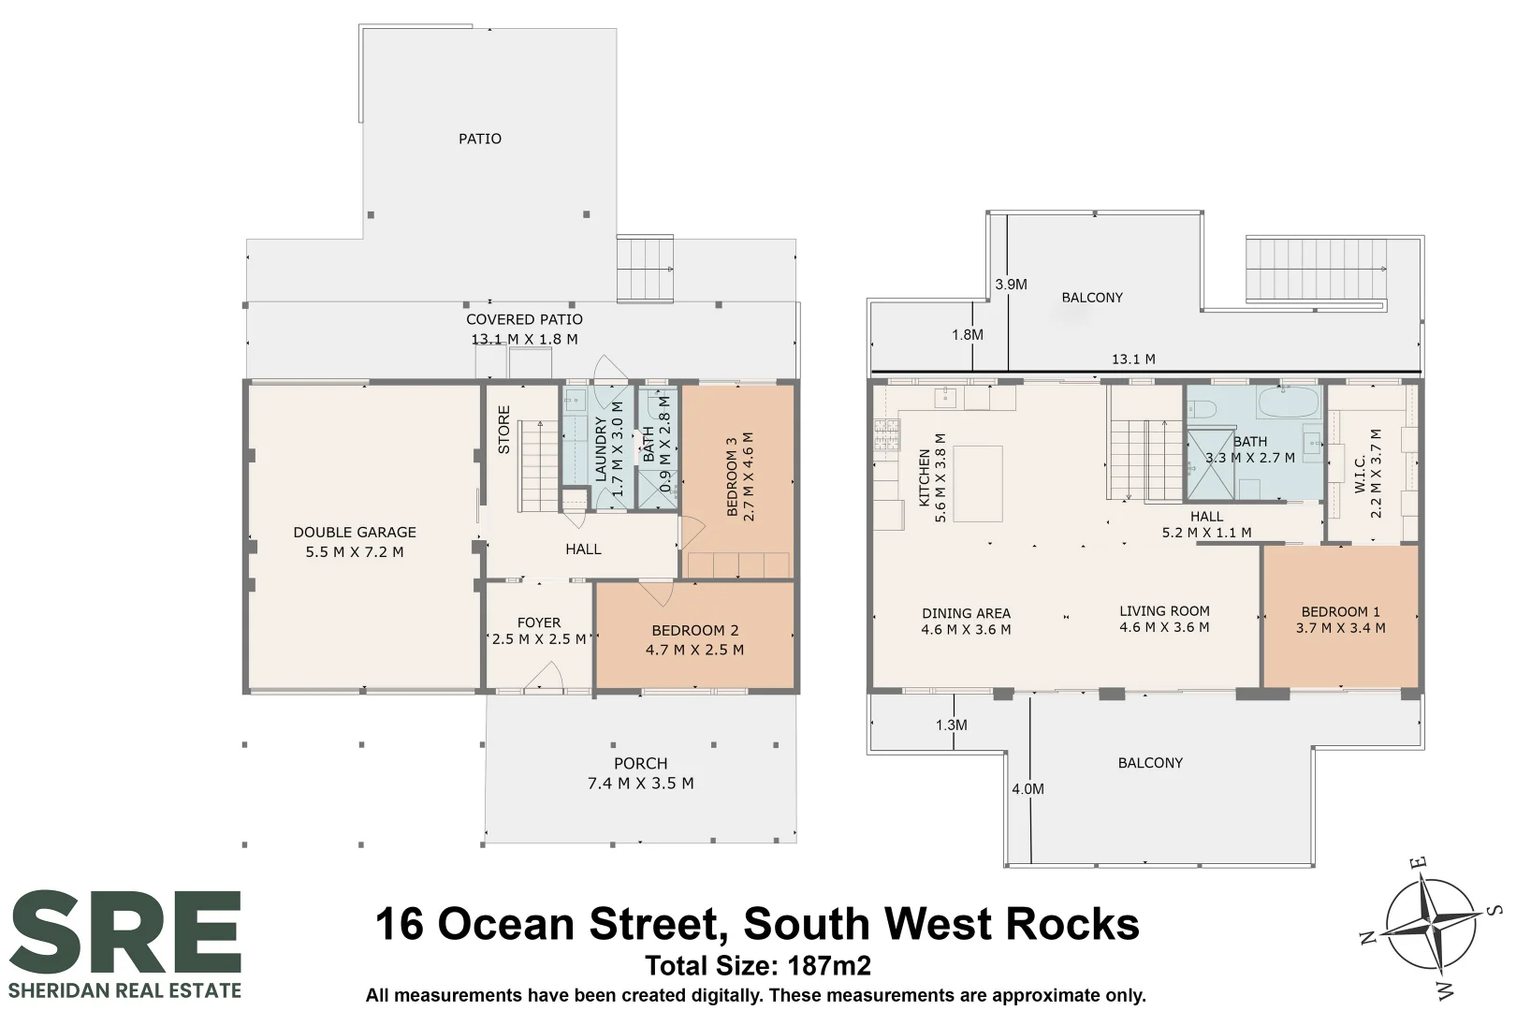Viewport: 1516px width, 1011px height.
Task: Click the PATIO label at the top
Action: coord(480,139)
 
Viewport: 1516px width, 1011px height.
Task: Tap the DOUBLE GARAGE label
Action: coord(355,533)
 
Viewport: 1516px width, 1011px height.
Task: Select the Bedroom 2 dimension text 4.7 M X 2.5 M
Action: coord(695,650)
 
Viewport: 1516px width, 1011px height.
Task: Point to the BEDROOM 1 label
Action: coord(1340,611)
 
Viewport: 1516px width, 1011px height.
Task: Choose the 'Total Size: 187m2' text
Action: coord(758,966)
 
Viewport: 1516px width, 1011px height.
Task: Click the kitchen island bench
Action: coord(978,483)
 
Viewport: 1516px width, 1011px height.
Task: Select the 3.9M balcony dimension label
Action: coord(1011,286)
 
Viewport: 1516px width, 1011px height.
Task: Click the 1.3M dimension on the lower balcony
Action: coord(951,725)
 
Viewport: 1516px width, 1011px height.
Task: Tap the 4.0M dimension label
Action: coord(1028,789)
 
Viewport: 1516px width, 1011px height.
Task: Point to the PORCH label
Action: coord(640,764)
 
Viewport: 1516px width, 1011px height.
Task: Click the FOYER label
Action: coord(539,623)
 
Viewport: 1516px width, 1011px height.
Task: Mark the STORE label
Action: coord(503,430)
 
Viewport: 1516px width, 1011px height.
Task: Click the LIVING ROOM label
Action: coord(1164,610)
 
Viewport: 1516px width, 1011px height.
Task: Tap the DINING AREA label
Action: coord(966,613)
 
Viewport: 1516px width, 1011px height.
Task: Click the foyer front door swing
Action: coord(545,676)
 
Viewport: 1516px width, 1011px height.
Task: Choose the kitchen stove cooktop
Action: coord(887,435)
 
